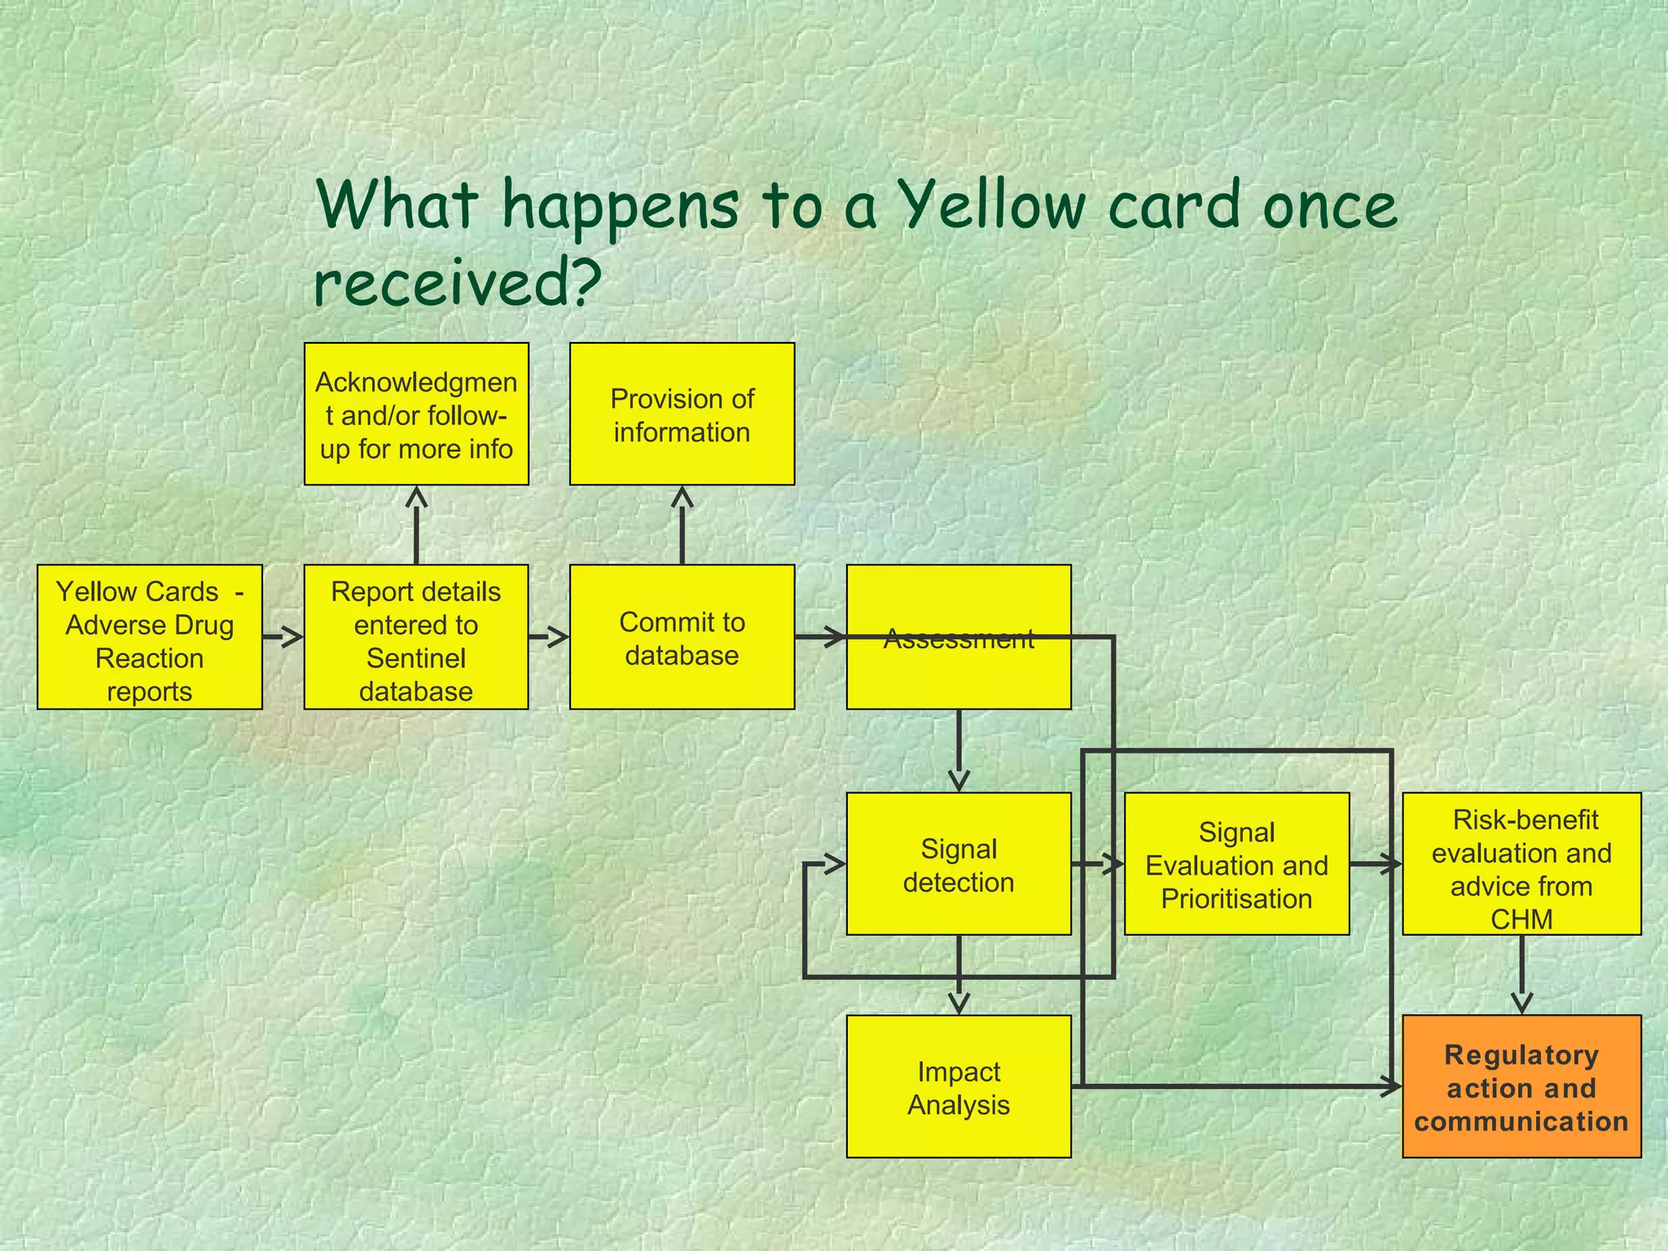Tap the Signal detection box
pyautogui.click(x=959, y=864)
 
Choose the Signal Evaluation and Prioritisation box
pyautogui.click(x=1236, y=864)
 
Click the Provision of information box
pyautogui.click(x=682, y=415)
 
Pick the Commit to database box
pyautogui.click(x=682, y=638)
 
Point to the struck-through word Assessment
pyautogui.click(x=959, y=639)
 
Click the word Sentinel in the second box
pyautogui.click(x=415, y=658)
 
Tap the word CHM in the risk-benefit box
pyautogui.click(x=1521, y=919)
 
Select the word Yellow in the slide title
pyautogui.click(x=994, y=205)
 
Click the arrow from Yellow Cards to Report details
pyautogui.click(x=283, y=636)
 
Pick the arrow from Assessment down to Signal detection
pyautogui.click(x=959, y=750)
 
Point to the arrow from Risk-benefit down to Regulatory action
pyautogui.click(x=1521, y=974)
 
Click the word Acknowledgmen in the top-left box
pyautogui.click(x=416, y=382)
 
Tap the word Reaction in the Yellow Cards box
pyautogui.click(x=149, y=658)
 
